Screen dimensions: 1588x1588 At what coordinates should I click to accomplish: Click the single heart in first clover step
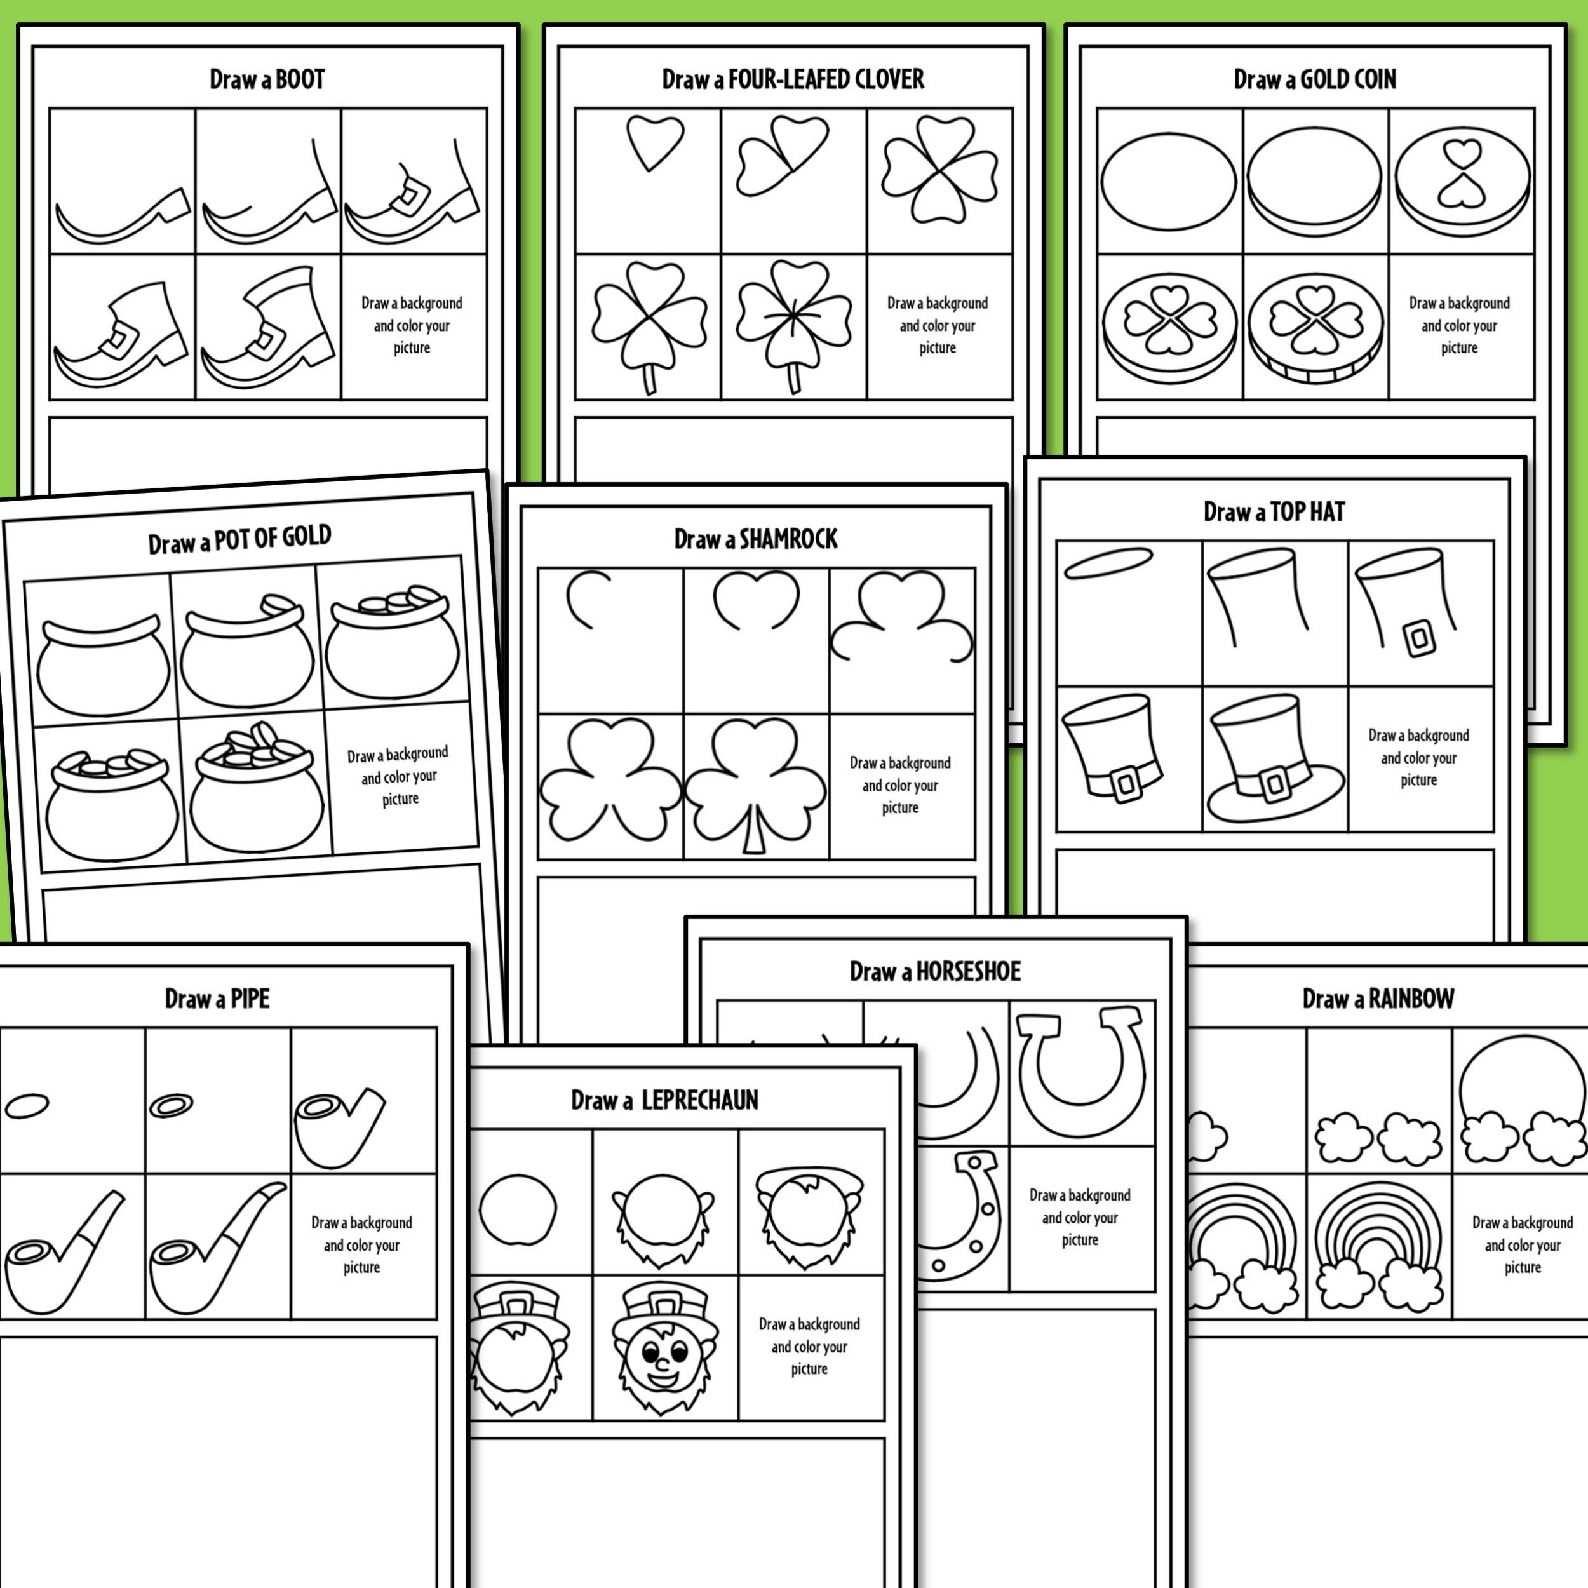[654, 142]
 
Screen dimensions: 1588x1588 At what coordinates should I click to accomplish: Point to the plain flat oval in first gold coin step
[1168, 182]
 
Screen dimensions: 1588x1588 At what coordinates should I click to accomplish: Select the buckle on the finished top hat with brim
[1275, 783]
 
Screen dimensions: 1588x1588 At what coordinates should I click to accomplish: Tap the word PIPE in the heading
[249, 999]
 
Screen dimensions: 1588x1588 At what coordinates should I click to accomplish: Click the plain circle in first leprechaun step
[518, 1210]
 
